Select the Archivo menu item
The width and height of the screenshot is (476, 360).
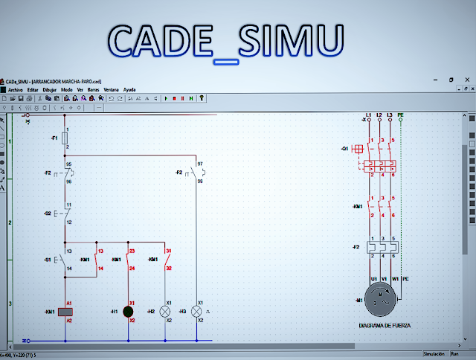(x=16, y=89)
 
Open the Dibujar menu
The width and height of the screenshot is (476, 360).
(x=50, y=89)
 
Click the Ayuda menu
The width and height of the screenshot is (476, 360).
(x=129, y=89)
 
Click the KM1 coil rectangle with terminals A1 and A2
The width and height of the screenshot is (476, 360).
(x=65, y=312)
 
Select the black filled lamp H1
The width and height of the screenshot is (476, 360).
(x=128, y=312)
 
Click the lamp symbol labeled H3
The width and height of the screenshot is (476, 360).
(x=197, y=311)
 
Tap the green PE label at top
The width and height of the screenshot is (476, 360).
(x=401, y=114)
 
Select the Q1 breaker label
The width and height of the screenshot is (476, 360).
(x=344, y=149)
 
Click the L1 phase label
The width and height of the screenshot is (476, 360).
(x=367, y=114)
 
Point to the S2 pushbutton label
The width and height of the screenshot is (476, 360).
(x=48, y=213)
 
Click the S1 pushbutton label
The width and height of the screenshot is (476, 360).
(x=48, y=260)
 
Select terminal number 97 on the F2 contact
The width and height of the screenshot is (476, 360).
(x=200, y=163)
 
